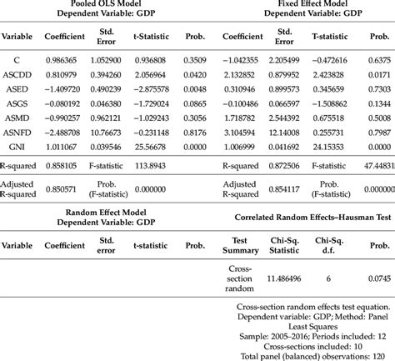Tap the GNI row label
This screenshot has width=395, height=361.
click(17, 144)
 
